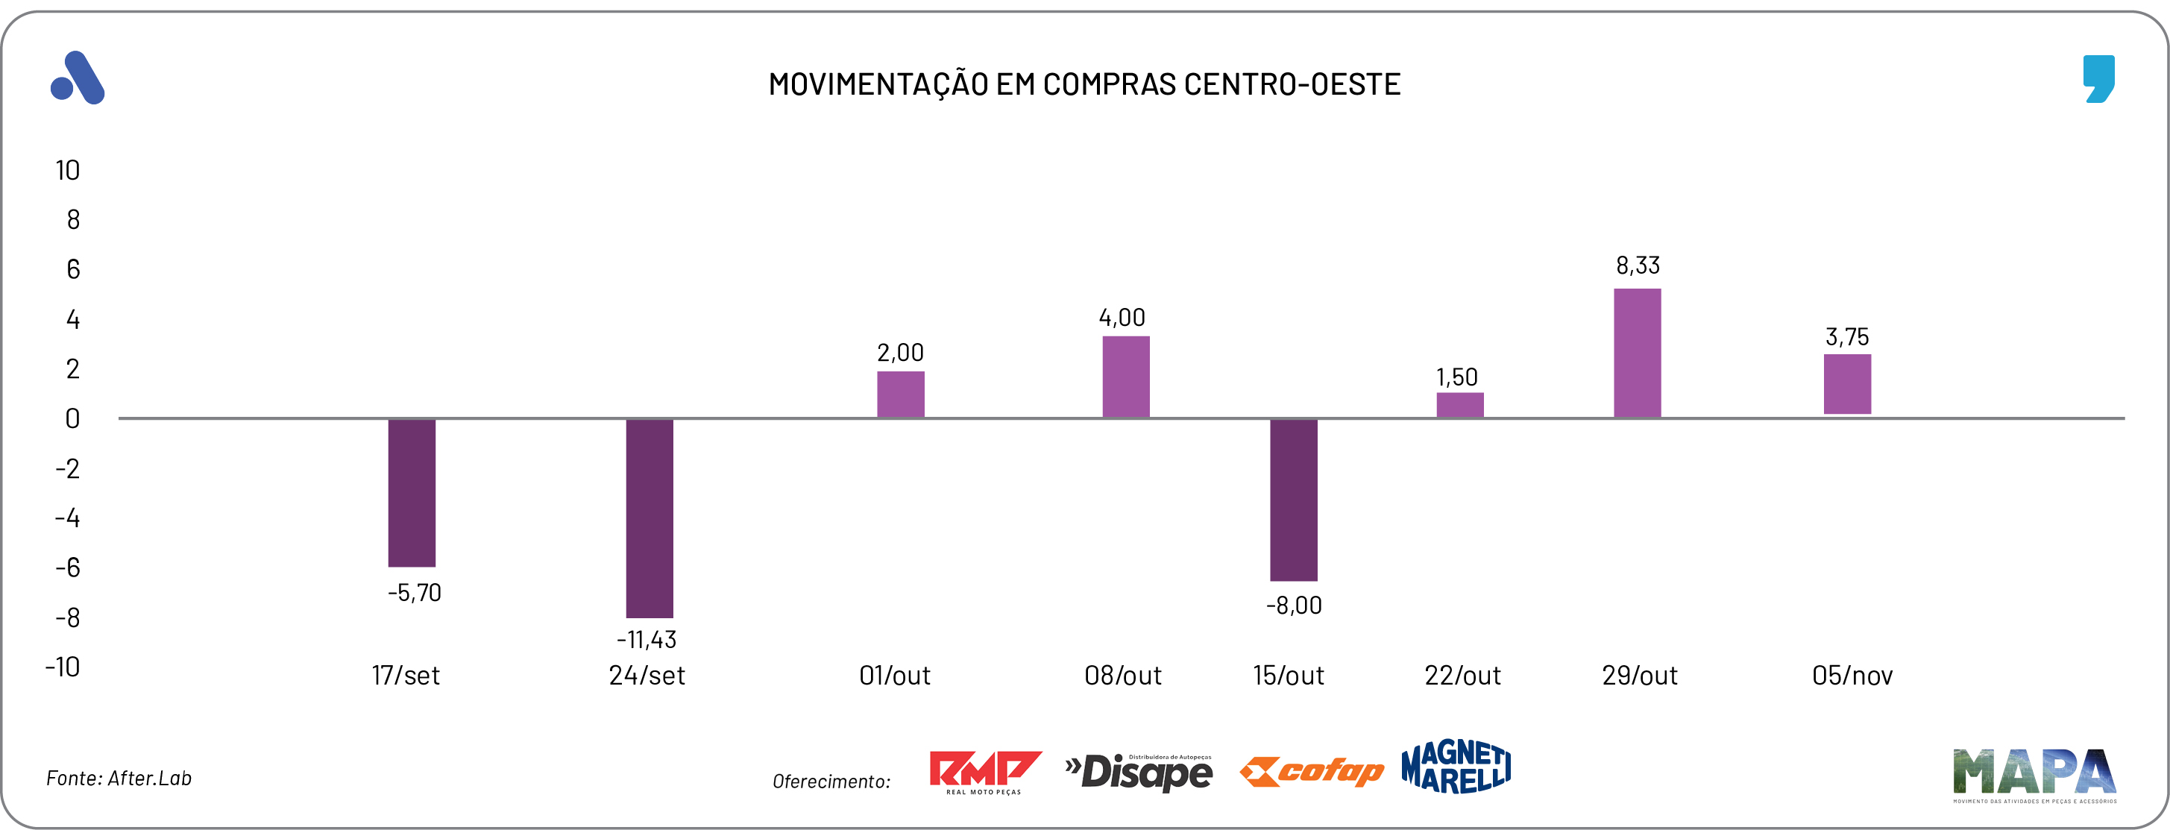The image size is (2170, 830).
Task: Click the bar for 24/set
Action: click(650, 518)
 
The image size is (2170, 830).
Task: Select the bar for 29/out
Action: click(1637, 353)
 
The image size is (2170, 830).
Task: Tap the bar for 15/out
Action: click(1293, 500)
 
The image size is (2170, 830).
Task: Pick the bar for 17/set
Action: click(412, 493)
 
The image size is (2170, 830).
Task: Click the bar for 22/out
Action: click(1460, 406)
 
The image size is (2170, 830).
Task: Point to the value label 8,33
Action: click(1638, 266)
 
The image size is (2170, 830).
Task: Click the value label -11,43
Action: click(646, 640)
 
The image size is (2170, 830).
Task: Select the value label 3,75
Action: click(1846, 337)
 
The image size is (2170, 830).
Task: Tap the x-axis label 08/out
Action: click(1122, 676)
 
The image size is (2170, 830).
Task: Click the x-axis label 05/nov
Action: click(1852, 676)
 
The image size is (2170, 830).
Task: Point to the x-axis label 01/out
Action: click(895, 676)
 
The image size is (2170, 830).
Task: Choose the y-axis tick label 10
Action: click(67, 171)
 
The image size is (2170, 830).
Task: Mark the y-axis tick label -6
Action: click(67, 568)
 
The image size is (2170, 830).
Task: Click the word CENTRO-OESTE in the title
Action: click(1292, 84)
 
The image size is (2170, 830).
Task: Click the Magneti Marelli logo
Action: click(1456, 767)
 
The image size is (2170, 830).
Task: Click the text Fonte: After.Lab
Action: click(119, 779)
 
